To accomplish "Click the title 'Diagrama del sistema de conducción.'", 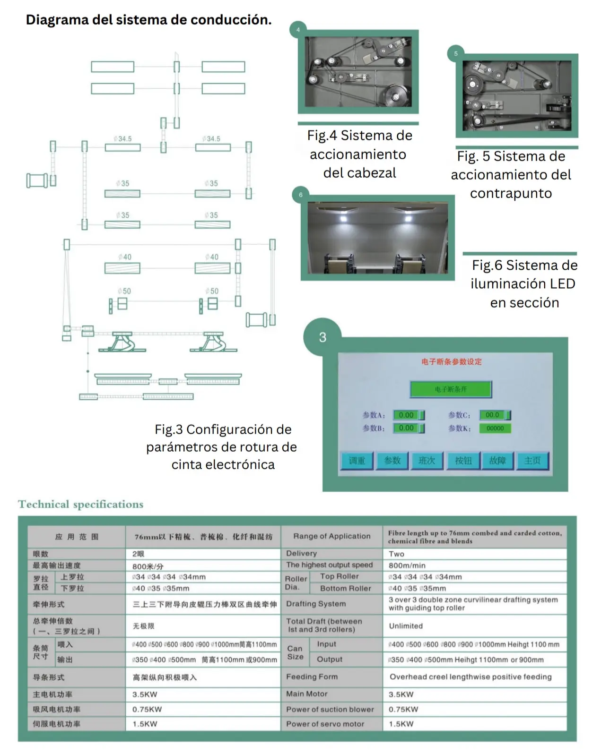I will [148, 20].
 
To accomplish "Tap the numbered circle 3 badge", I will [322, 337].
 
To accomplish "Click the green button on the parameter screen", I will [451, 389].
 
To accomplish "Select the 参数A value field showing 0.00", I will [406, 415].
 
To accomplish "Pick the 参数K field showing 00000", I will [495, 428].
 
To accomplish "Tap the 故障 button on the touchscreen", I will [497, 461].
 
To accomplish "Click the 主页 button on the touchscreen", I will [532, 461].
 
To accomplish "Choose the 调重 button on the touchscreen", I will [357, 461].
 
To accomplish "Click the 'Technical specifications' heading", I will [80, 505].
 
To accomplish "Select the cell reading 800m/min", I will [407, 565].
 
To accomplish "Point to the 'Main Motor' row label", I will [307, 694].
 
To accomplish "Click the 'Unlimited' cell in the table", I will [406, 626].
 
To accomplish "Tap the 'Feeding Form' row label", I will [312, 677].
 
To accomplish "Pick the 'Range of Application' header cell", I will [332, 536].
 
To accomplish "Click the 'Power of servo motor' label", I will [325, 724].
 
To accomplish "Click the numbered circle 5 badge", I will [456, 53].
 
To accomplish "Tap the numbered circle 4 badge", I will [298, 30].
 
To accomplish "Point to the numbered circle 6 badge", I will [301, 195].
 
